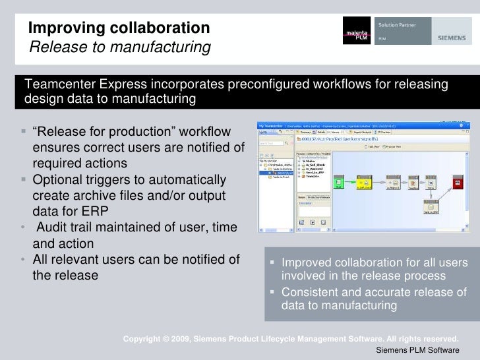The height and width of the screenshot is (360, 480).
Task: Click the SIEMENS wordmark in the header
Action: click(x=452, y=38)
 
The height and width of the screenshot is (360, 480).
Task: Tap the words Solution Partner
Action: click(x=394, y=24)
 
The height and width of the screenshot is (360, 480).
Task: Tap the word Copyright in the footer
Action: click(x=145, y=339)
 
